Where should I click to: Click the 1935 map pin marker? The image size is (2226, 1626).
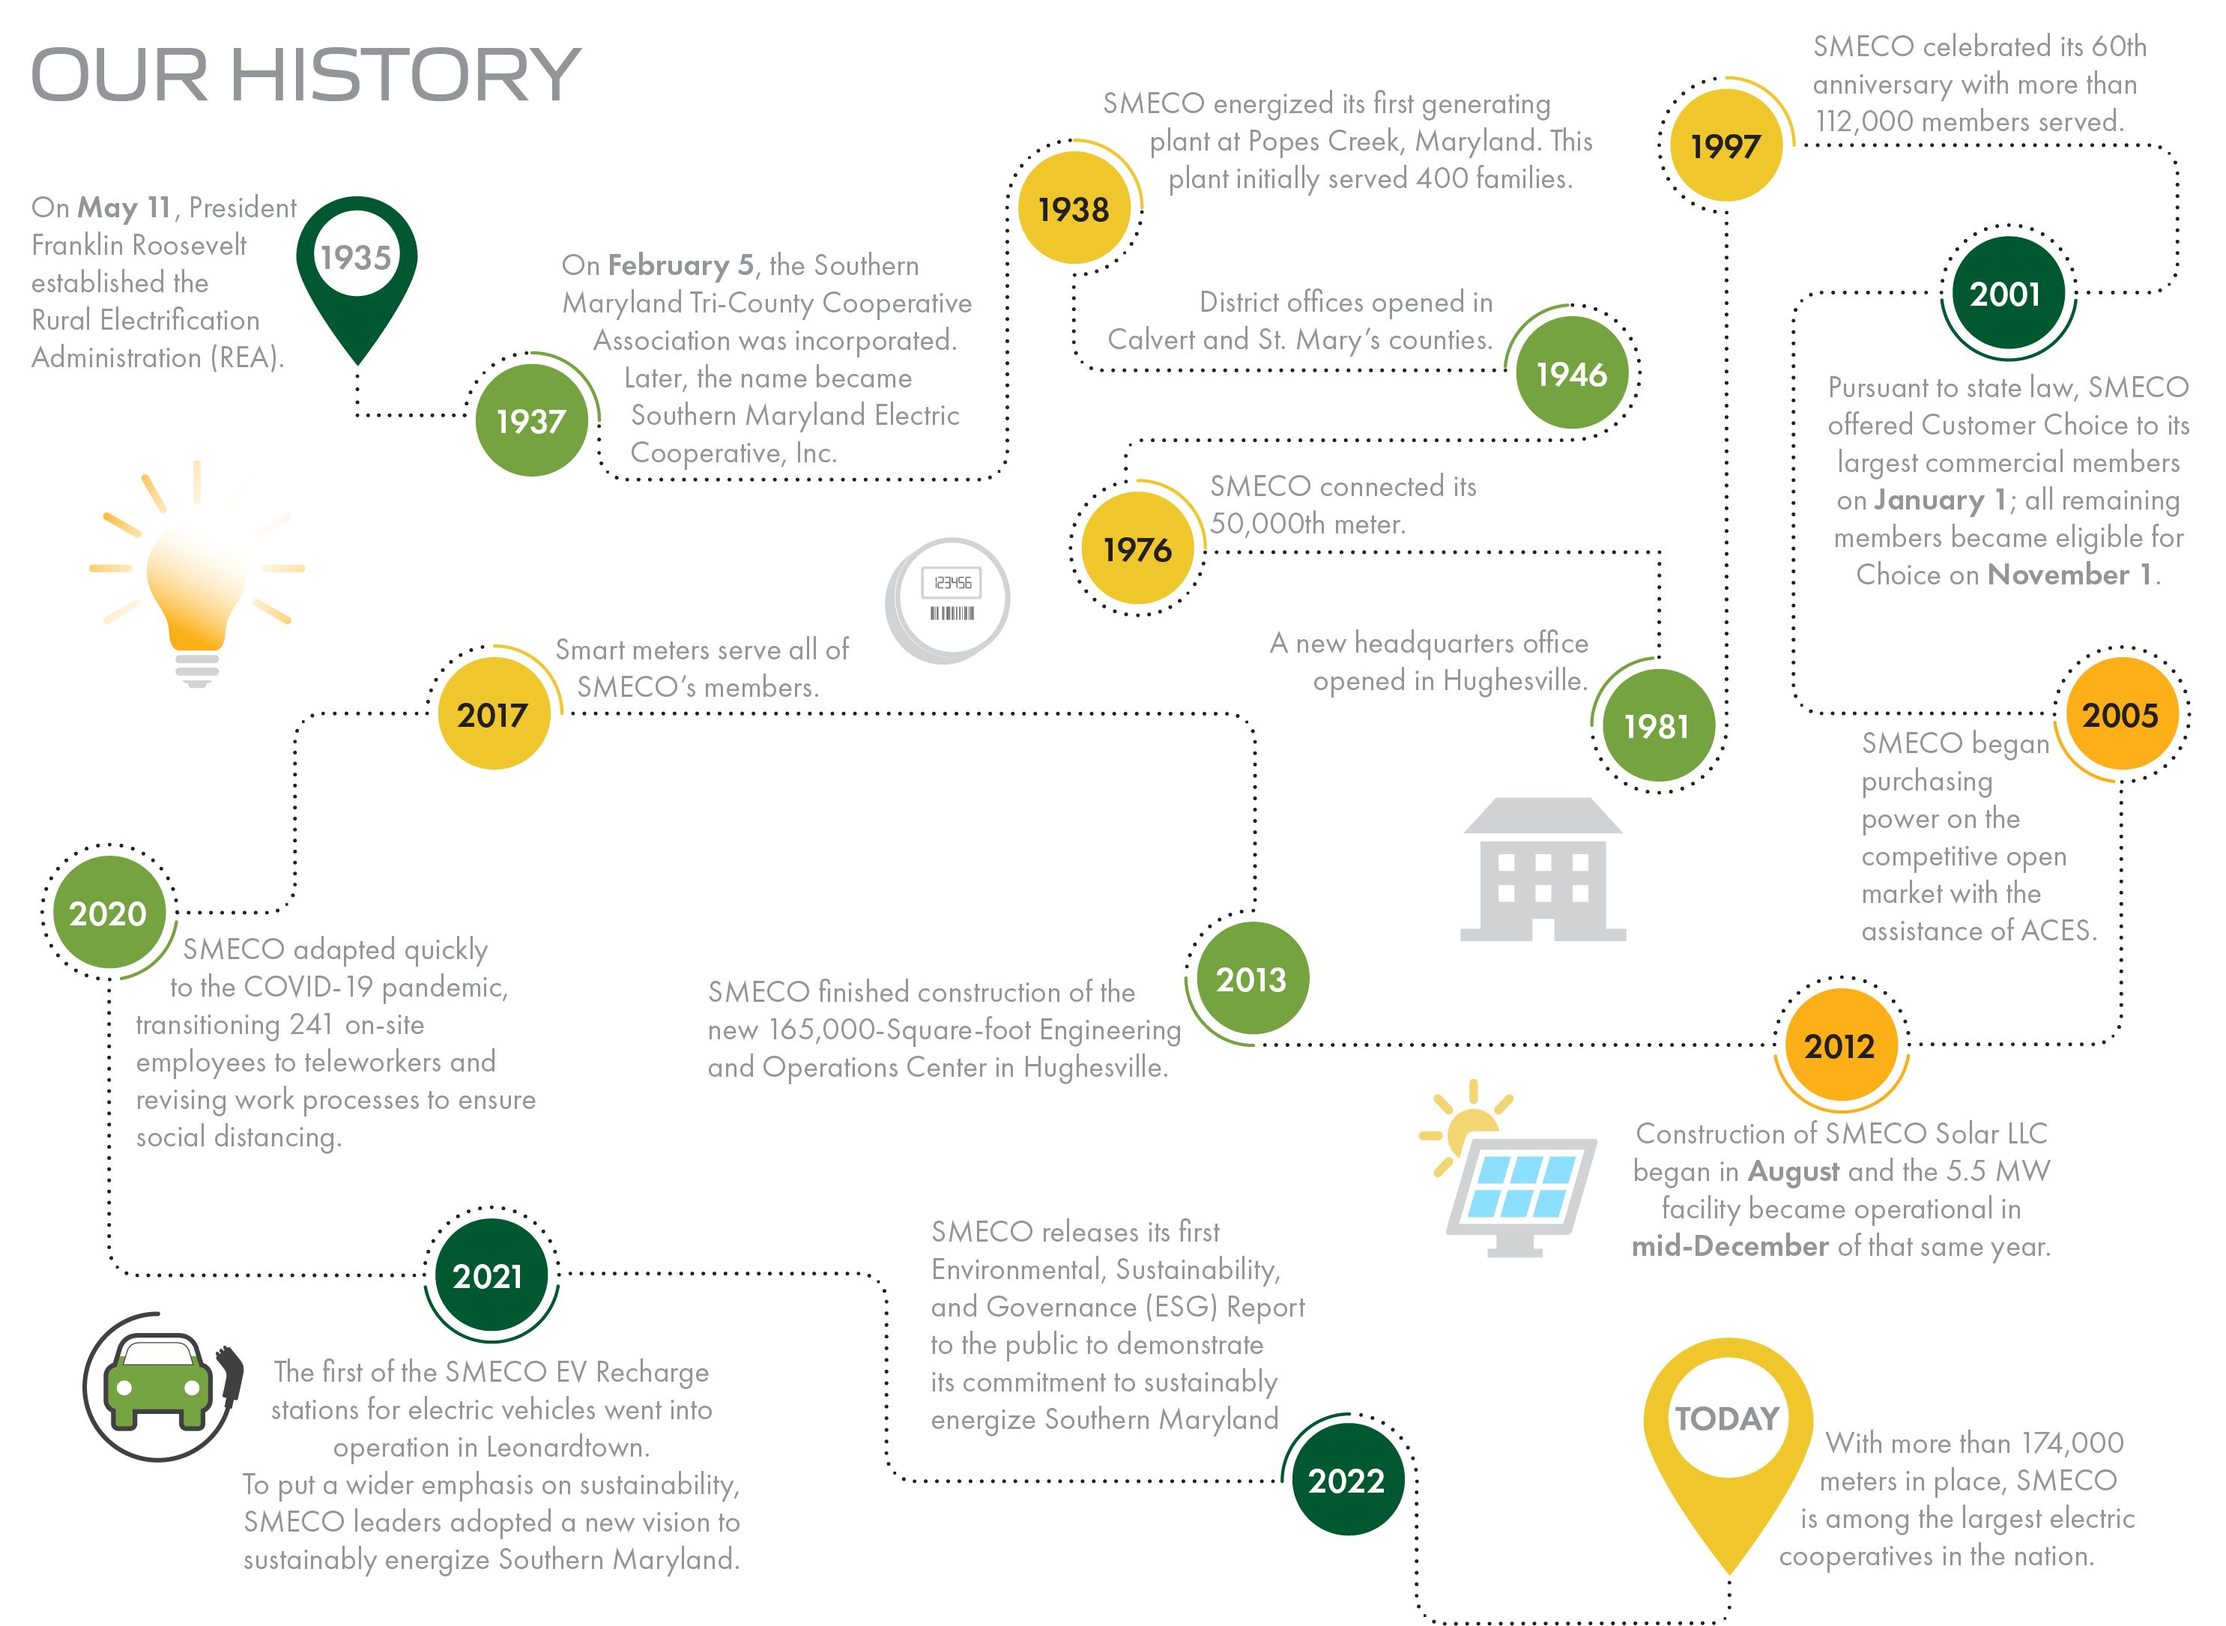click(356, 266)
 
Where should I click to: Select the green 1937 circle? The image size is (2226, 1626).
click(531, 421)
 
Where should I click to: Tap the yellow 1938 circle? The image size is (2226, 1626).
click(1074, 208)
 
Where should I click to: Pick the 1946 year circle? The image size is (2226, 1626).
click(1572, 373)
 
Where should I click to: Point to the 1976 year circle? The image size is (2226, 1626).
click(1137, 548)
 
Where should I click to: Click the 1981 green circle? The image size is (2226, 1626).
click(1657, 725)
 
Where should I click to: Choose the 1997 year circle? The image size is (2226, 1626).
click(1726, 145)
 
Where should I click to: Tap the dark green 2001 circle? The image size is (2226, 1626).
click(2006, 292)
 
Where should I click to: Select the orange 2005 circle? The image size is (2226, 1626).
click(2120, 713)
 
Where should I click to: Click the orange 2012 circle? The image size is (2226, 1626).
click(1840, 1045)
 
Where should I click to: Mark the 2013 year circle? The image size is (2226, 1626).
click(1252, 979)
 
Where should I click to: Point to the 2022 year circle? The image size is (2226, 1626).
click(1347, 1479)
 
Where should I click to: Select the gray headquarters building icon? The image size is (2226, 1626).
click(1543, 869)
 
